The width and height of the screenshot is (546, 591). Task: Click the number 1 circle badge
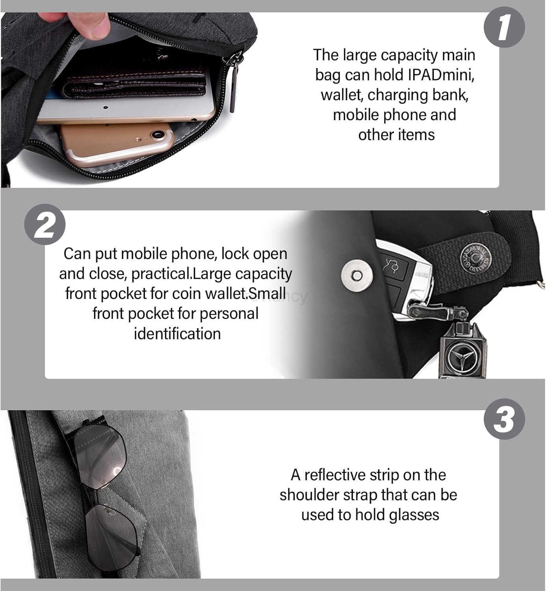point(504,27)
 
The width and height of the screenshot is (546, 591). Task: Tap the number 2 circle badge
point(45,224)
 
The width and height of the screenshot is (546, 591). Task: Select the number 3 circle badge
point(504,419)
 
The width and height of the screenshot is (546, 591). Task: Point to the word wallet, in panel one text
point(342,95)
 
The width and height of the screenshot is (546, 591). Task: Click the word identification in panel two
point(177,334)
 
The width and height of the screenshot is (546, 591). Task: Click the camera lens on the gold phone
point(158,134)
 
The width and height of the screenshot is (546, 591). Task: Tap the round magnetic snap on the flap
point(357,275)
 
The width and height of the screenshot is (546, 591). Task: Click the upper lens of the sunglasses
point(100,458)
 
